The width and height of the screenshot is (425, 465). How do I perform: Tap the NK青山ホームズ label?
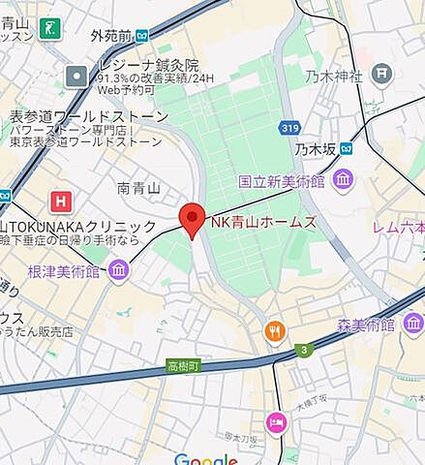pyautogui.click(x=263, y=222)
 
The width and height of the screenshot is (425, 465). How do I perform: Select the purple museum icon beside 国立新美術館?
pyautogui.click(x=343, y=179)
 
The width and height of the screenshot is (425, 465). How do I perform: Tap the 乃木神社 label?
pyautogui.click(x=333, y=75)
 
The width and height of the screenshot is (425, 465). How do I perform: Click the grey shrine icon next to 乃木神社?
pyautogui.click(x=382, y=73)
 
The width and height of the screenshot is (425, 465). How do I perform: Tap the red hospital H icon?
pyautogui.click(x=62, y=201)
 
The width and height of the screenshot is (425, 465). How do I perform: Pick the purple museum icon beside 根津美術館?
pyautogui.click(x=118, y=269)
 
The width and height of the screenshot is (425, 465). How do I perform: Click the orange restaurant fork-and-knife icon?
pyautogui.click(x=276, y=332)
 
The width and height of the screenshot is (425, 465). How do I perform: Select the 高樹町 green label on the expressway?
pyautogui.click(x=181, y=367)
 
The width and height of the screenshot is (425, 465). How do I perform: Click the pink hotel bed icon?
pyautogui.click(x=276, y=422)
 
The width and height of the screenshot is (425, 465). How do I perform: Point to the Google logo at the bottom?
pyautogui.click(x=205, y=459)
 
